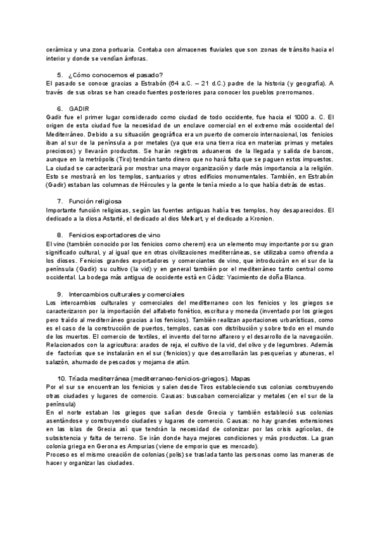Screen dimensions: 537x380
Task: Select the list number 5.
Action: click(x=60, y=75)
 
